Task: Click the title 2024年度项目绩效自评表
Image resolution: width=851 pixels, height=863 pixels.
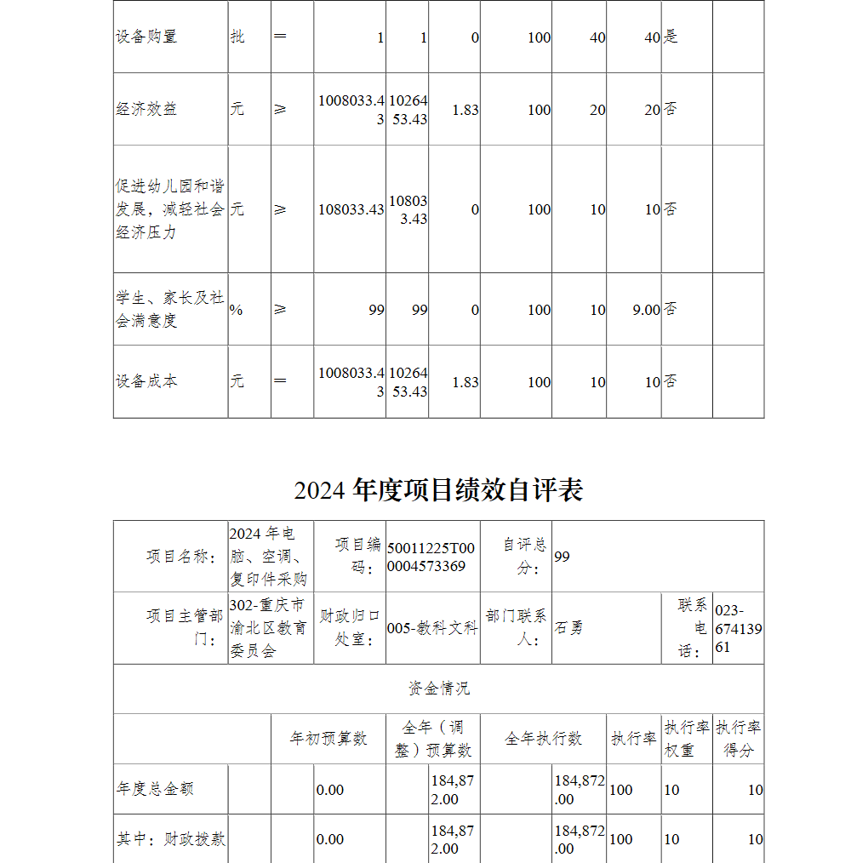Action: [x=438, y=490]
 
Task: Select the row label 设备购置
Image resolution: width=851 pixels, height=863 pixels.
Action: [x=146, y=37]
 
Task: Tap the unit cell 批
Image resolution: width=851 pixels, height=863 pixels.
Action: [x=237, y=37]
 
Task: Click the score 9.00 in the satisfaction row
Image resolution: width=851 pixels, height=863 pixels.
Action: [x=646, y=310]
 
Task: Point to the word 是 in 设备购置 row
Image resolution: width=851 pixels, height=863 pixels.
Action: [x=671, y=37]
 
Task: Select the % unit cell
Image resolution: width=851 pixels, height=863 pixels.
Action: [x=236, y=310]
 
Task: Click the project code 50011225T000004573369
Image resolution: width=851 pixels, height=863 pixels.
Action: [x=431, y=557]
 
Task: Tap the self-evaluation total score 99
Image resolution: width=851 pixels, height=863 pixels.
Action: [x=562, y=557]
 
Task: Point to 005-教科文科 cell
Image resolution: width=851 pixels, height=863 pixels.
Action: [x=431, y=628]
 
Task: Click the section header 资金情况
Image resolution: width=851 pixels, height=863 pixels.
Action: [x=438, y=689]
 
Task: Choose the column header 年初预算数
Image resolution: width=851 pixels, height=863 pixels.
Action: [x=328, y=739]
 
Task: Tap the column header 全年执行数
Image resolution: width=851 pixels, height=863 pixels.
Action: [x=543, y=739]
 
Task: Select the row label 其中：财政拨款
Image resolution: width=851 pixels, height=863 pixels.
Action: [x=170, y=839]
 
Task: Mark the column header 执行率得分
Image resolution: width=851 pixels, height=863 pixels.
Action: [x=738, y=739]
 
